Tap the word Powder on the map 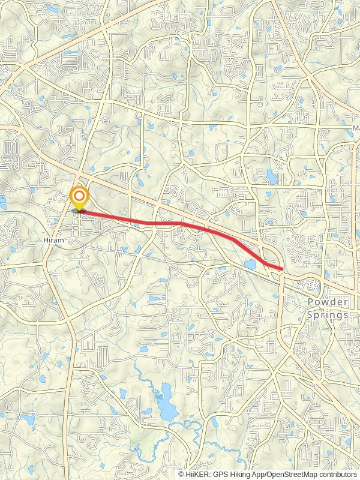pos(328,302)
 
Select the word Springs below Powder pos(328,314)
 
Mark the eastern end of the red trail pos(281,269)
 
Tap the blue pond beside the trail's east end pos(250,265)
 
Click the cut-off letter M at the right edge pos(356,128)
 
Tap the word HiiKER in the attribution pos(196,474)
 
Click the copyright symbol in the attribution pos(181,474)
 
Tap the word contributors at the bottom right pos(340,474)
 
